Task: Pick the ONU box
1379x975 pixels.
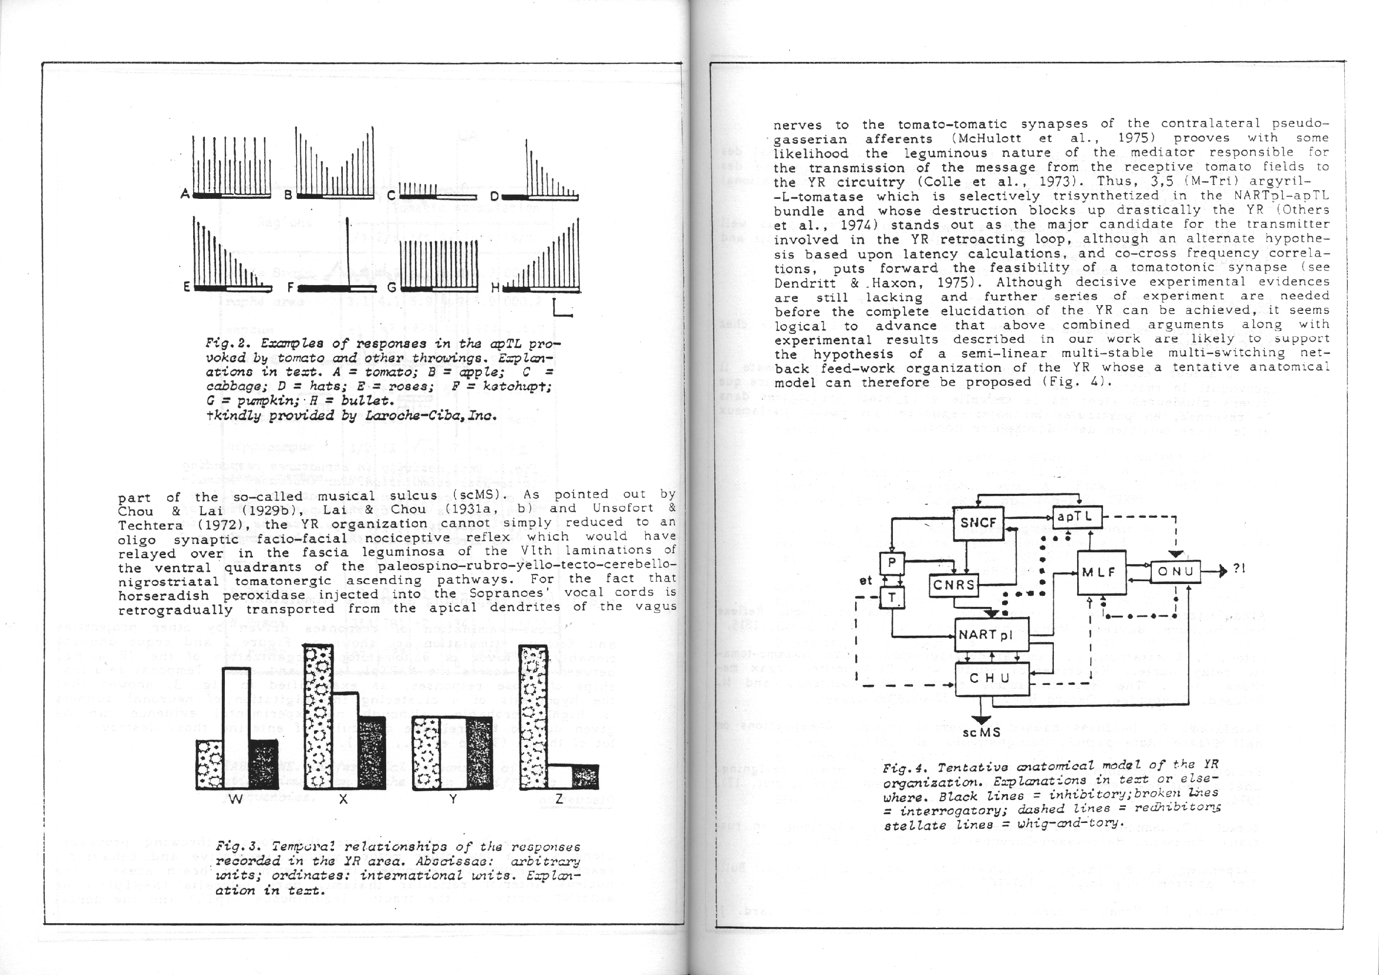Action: (x=1175, y=571)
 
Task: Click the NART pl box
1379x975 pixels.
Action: (x=991, y=635)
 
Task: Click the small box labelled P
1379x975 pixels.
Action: (x=892, y=563)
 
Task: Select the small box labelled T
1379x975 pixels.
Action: (x=892, y=597)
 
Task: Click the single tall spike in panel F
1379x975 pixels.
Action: (x=348, y=252)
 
